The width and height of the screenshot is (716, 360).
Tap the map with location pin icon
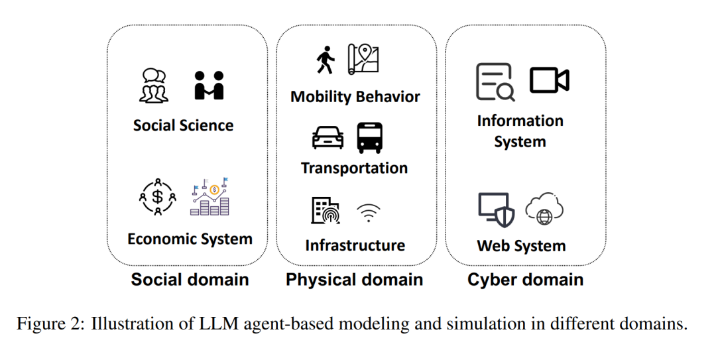[x=363, y=58]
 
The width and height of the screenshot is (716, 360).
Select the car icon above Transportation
[x=328, y=138]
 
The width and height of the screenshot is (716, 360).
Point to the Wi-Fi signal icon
[x=368, y=211]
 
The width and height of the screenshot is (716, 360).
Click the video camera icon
[x=549, y=80]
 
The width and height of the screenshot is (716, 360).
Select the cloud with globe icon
[x=544, y=210]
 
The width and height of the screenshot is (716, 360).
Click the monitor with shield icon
[x=495, y=210]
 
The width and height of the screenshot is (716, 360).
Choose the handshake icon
[x=209, y=86]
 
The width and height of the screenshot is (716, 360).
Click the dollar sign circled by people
[x=158, y=196]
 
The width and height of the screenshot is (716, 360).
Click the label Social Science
[x=183, y=125]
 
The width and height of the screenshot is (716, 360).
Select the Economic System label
[x=190, y=239]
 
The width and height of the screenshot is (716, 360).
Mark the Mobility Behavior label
[x=355, y=97]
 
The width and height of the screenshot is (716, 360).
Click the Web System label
[x=521, y=246]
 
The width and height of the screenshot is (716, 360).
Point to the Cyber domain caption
[x=525, y=279]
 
